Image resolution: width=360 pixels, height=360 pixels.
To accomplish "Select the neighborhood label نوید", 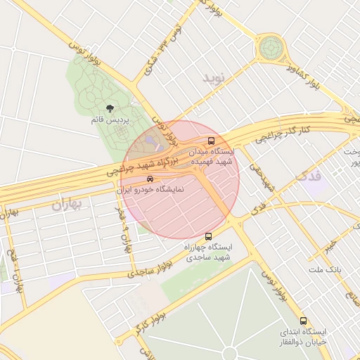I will pyautogui.click(x=217, y=77).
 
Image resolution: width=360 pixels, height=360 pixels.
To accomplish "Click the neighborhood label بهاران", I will pyautogui.click(x=67, y=205).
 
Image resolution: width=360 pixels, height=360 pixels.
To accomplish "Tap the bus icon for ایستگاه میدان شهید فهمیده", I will pyautogui.click(x=212, y=140).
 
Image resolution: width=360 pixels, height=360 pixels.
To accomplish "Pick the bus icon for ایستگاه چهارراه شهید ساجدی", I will pyautogui.click(x=208, y=237).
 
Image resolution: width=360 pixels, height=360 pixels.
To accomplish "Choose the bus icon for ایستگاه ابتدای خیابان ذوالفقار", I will pyautogui.click(x=303, y=321).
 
